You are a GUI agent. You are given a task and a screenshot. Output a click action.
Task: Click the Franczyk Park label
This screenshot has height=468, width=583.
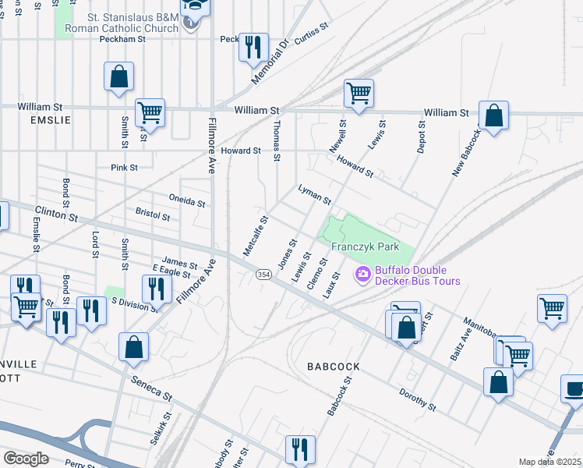pos(366,246)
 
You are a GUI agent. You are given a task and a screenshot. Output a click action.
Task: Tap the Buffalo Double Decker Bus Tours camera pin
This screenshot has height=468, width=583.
pos(362,275)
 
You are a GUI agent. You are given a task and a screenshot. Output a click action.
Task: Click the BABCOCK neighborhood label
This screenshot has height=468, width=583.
pos(334,366)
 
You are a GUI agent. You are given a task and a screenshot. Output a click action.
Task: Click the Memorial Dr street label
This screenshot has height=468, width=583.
pos(270,63)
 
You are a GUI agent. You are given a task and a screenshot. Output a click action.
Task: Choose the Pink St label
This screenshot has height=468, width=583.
pos(124,167)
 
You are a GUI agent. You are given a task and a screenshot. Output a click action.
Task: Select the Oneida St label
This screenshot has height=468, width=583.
pos(187,201)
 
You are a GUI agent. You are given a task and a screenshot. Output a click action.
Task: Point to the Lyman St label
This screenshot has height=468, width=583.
pos(315,194)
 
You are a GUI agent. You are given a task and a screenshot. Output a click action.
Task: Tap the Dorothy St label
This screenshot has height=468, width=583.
pos(417,400)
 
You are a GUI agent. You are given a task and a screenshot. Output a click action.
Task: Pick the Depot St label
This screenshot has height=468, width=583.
pos(421,136)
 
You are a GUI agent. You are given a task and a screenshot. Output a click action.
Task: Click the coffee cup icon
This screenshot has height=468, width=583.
pos(574,388)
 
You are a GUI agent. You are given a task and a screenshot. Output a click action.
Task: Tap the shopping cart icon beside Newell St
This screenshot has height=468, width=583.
pos(359,94)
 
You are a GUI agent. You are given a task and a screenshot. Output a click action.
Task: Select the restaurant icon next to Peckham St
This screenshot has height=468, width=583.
pos(253,47)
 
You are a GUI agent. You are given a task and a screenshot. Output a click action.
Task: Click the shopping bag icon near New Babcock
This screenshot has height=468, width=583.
pos(493,115)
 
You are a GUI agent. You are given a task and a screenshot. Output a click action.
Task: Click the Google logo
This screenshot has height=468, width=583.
pos(26,459)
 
